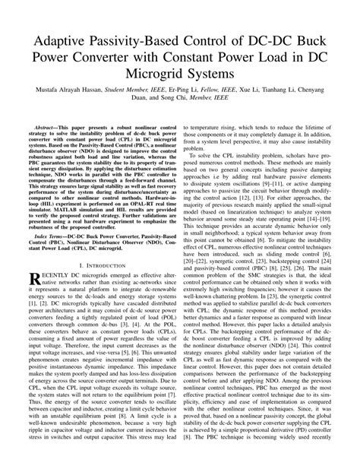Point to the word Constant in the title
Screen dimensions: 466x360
click(192, 58)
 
